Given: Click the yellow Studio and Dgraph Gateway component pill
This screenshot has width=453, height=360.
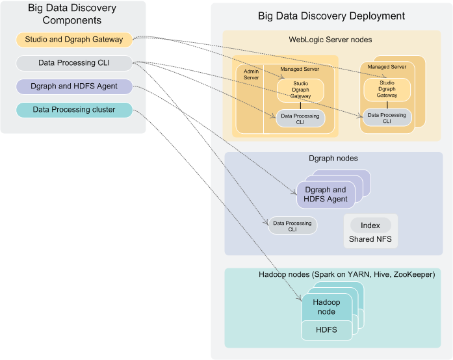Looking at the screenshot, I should [x=74, y=40].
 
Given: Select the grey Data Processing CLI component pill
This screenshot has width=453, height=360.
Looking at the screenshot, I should [x=74, y=63].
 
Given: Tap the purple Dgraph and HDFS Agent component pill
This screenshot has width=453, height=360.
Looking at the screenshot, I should [x=74, y=86].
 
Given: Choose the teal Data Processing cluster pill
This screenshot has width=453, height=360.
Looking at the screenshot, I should [x=74, y=110].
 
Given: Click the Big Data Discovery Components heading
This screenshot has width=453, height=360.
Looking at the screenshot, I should [x=72, y=14].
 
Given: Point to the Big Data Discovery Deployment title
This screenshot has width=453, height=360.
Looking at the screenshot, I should [x=331, y=16].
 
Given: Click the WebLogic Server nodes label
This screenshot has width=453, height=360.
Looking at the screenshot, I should [x=331, y=40].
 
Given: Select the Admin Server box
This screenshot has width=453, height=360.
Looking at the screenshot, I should [x=251, y=97].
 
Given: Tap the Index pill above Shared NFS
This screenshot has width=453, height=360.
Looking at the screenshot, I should [x=370, y=225].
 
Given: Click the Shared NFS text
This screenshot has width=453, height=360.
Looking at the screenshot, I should [x=370, y=239].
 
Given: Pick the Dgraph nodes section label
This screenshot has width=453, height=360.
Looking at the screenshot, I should [x=333, y=158].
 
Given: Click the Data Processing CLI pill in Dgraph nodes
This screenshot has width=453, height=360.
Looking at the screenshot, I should [x=292, y=226].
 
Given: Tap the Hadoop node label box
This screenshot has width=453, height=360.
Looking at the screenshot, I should [x=326, y=307].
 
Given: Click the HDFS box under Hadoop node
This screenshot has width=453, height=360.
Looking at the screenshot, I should [x=326, y=330].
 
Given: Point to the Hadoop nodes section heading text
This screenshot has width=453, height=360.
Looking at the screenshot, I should [x=347, y=274].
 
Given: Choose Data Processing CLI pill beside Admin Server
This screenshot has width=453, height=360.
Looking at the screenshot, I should [x=300, y=118].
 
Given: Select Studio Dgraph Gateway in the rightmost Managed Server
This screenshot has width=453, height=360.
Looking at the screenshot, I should [x=387, y=89].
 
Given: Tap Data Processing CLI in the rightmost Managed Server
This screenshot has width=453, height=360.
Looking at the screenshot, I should [x=387, y=118].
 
